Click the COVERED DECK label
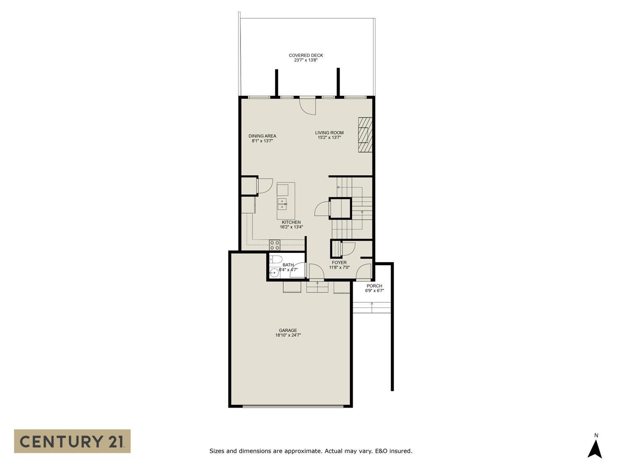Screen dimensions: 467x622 (306, 55)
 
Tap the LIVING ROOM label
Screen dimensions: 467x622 (329, 133)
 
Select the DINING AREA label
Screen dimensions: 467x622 (262, 136)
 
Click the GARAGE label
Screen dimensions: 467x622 (288, 330)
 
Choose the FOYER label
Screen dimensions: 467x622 (339, 262)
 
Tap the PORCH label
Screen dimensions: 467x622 (374, 286)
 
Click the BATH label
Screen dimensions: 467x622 (288, 265)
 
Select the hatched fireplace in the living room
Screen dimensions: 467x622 (365, 135)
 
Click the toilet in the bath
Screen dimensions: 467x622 (274, 260)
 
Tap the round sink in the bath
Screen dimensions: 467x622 (274, 273)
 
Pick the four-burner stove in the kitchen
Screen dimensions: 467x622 (275, 245)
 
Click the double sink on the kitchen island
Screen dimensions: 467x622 (282, 203)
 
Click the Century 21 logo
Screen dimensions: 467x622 (72, 441)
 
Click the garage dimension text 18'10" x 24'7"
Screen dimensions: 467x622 (288, 335)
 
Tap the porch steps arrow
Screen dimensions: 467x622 (372, 307)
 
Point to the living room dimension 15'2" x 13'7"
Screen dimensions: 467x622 (329, 138)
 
